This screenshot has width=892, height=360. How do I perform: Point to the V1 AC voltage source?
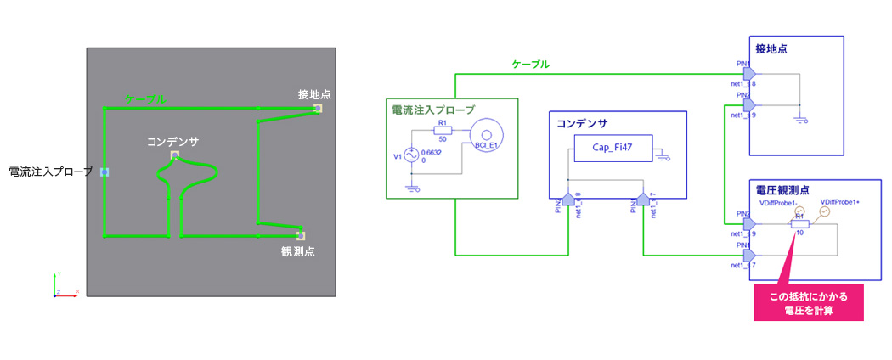click(410, 155)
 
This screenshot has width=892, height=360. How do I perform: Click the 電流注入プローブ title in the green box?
click(432, 110)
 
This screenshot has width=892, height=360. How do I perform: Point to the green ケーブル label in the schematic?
click(530, 64)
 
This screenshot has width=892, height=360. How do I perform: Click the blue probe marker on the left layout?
click(104, 172)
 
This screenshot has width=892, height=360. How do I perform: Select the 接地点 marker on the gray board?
click(318, 109)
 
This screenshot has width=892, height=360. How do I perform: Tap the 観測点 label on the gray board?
click(298, 250)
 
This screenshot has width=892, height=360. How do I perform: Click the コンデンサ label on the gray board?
click(172, 142)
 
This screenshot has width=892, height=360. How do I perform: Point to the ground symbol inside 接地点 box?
click(799, 120)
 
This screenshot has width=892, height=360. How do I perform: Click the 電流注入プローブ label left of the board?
click(50, 172)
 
